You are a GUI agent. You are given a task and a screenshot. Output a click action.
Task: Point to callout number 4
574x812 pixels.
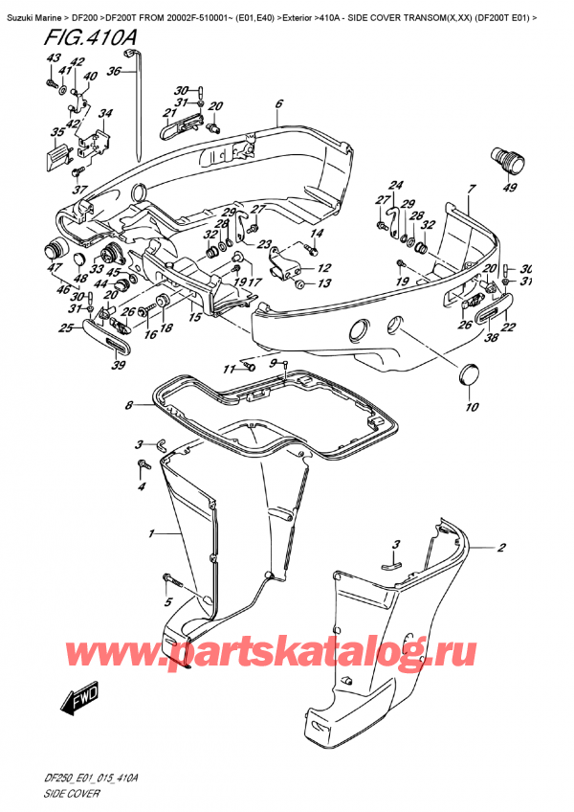(143, 486)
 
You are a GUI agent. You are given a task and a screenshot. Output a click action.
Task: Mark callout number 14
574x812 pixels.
(317, 234)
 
